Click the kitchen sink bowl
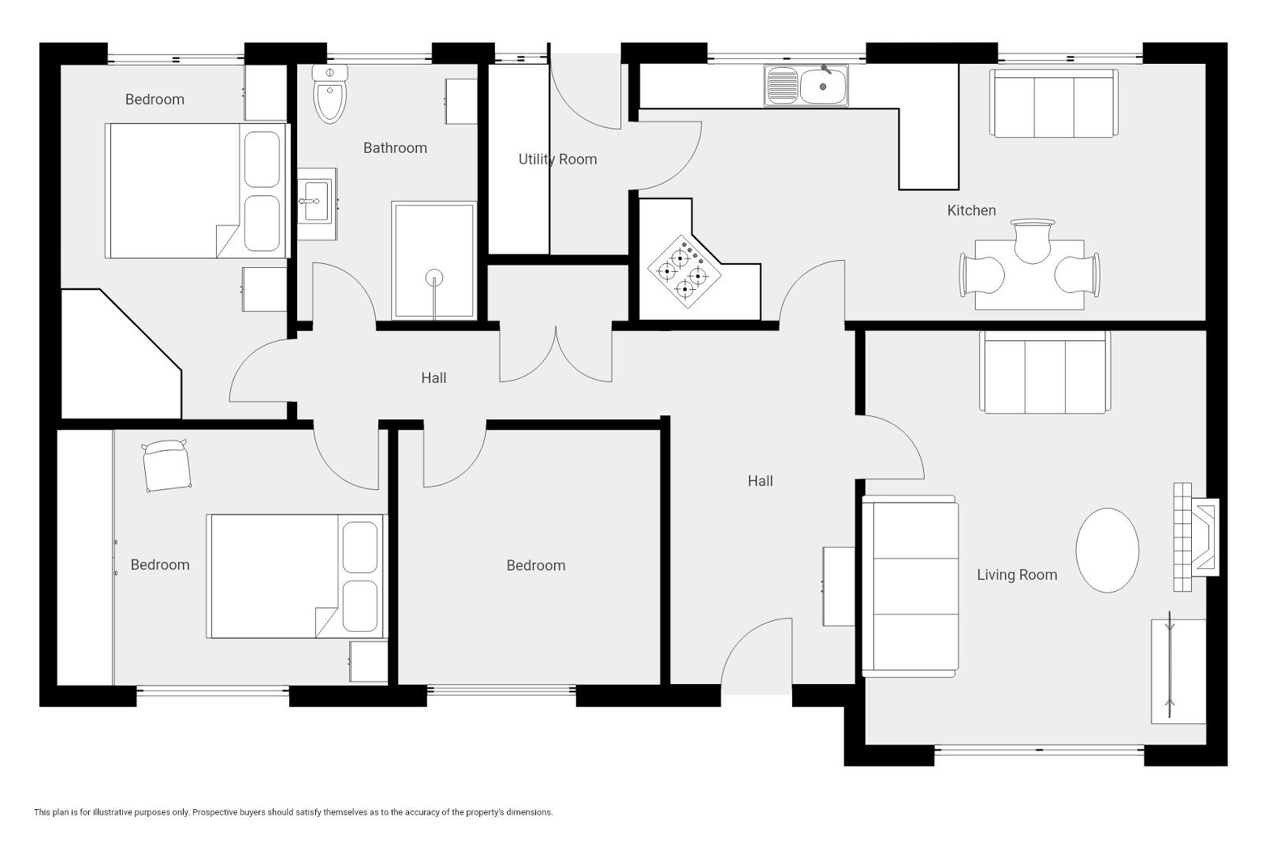click(x=823, y=87)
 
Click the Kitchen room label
click(x=971, y=210)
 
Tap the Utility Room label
click(x=557, y=160)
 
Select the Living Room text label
click(x=1017, y=574)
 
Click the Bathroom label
click(x=395, y=148)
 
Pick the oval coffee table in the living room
click(x=1107, y=550)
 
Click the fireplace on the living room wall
click(x=1196, y=537)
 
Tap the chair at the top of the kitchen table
click(x=1033, y=240)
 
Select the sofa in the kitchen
click(x=1053, y=103)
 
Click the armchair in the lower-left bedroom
click(x=166, y=465)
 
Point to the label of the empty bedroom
click(x=536, y=566)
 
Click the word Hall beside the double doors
click(x=434, y=378)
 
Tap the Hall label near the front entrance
click(x=761, y=481)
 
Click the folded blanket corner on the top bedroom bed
click(x=228, y=240)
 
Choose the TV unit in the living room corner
click(x=1178, y=671)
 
